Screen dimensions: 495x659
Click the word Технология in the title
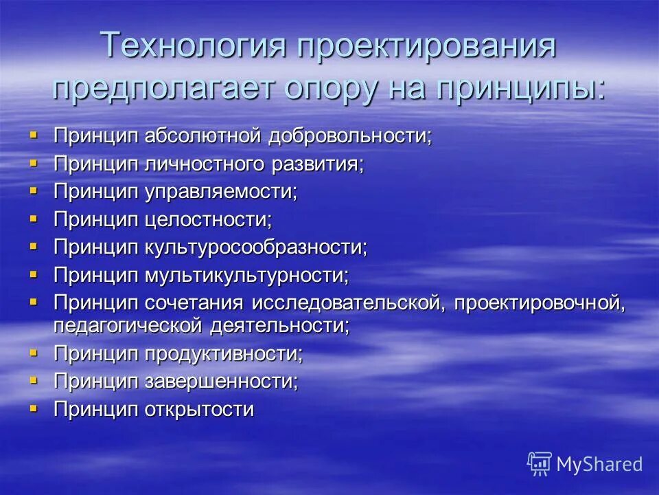click(x=192, y=46)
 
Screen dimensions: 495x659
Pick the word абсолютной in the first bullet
click(x=203, y=135)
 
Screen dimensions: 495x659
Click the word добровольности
click(x=350, y=135)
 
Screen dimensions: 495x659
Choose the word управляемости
click(x=220, y=191)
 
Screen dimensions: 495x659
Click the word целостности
click(x=208, y=219)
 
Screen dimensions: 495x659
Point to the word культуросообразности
click(x=255, y=247)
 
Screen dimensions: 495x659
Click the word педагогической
click(x=128, y=324)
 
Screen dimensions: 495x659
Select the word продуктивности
click(x=223, y=353)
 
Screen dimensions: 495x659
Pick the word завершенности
click(x=221, y=381)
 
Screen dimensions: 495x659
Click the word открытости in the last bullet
click(x=199, y=409)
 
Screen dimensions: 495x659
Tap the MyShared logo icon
click(x=539, y=463)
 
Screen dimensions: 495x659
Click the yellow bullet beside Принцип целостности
click(x=34, y=218)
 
